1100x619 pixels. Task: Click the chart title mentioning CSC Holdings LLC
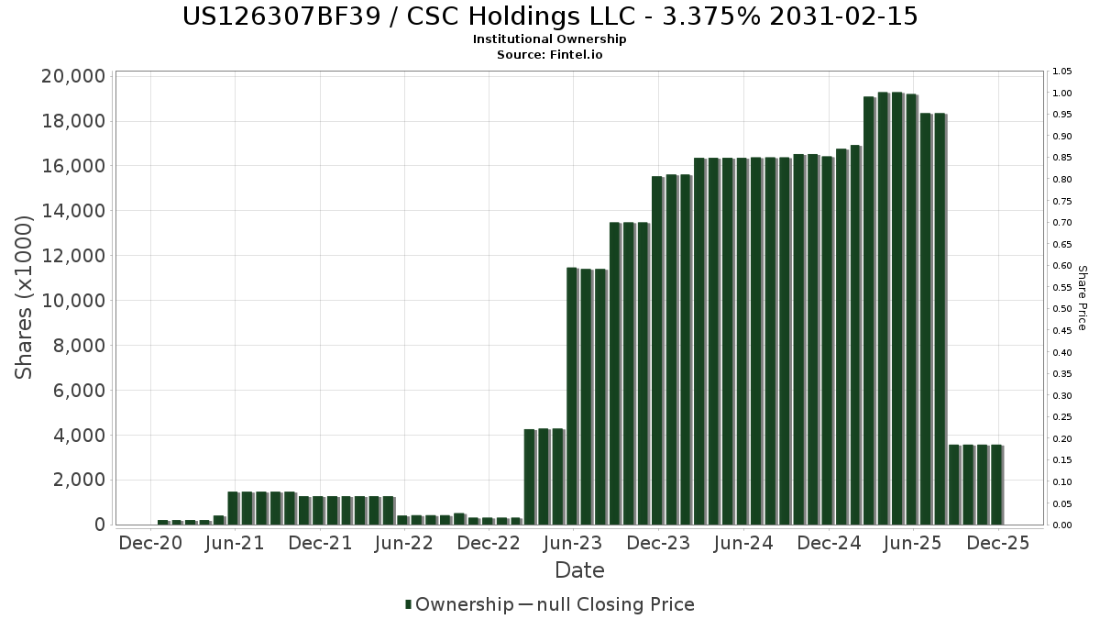pos(550,17)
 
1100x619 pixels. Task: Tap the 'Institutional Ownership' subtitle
pos(550,39)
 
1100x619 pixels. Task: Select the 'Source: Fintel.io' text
pos(550,54)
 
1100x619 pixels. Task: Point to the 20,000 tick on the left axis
pos(72,76)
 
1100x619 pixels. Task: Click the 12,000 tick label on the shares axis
pos(72,256)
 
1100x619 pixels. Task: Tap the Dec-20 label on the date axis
pos(150,543)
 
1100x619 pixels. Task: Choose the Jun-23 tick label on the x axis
pos(573,543)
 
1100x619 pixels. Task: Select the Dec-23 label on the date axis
pos(658,543)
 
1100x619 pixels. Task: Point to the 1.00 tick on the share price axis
pos(1061,94)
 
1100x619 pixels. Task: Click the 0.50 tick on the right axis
pos(1061,309)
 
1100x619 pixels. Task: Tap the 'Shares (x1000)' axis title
pos(25,297)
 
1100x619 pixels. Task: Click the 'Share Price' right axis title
pos(1082,298)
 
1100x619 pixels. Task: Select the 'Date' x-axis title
pos(579,570)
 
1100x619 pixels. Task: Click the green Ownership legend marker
pos(409,604)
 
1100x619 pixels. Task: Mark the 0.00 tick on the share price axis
pos(1061,525)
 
